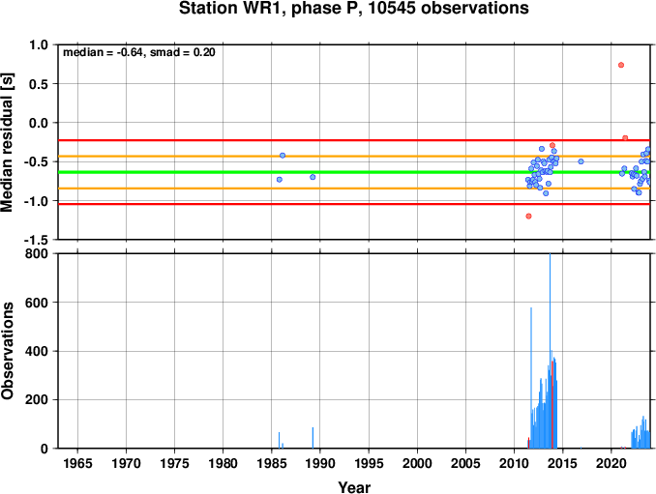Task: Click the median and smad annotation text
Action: point(139,52)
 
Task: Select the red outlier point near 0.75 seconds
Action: point(621,65)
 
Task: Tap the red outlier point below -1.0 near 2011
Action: point(528,217)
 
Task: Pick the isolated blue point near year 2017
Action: point(581,161)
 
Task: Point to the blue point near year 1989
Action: point(313,177)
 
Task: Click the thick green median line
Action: point(354,172)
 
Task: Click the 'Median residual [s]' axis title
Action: point(7,142)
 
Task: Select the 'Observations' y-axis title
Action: point(7,351)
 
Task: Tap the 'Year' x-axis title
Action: point(354,487)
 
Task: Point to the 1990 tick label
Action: point(320,463)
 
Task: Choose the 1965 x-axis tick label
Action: point(77,463)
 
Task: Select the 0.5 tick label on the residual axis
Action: point(39,84)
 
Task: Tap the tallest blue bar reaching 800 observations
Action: point(550,351)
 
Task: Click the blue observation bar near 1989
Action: point(313,438)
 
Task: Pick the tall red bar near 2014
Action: point(552,404)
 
